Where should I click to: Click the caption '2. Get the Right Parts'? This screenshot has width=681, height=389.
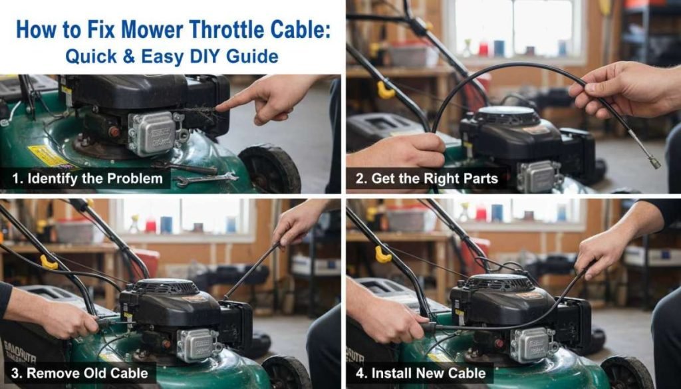pyautogui.click(x=426, y=178)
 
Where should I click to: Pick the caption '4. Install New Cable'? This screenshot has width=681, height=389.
pyautogui.click(x=420, y=372)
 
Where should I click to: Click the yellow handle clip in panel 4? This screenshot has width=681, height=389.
pyautogui.click(x=383, y=254)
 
